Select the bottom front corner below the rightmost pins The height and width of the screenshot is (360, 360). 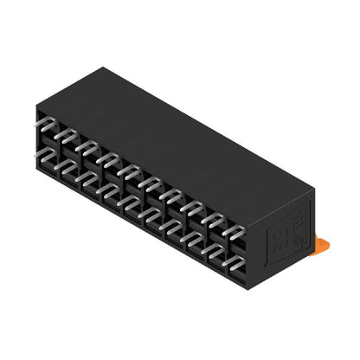[x=248, y=287]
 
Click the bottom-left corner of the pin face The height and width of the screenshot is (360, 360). [x=37, y=172]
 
